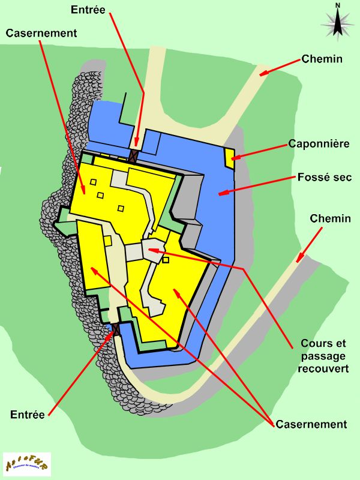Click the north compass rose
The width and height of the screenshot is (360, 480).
(338, 24)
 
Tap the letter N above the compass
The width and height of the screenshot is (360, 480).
(338, 5)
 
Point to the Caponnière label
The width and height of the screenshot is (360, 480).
(319, 144)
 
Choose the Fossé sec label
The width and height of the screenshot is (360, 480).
(325, 178)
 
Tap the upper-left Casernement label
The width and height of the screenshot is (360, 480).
(41, 34)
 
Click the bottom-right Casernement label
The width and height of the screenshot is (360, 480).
(311, 424)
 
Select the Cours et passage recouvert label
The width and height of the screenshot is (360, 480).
(323, 356)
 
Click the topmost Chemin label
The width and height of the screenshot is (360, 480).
(322, 59)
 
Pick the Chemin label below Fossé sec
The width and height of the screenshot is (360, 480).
(330, 218)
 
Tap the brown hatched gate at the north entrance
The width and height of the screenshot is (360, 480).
(133, 155)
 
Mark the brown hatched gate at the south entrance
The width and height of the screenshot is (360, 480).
(116, 329)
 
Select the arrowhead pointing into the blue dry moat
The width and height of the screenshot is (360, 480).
(222, 193)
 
